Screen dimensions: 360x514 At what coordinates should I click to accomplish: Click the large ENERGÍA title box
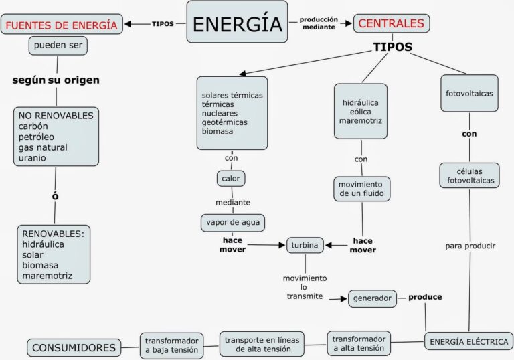click(x=237, y=23)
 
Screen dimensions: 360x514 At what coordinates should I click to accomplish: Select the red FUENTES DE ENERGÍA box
click(x=62, y=25)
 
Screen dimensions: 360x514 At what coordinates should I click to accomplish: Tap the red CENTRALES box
click(x=392, y=23)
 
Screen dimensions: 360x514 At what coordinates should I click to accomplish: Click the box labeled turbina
click(x=305, y=245)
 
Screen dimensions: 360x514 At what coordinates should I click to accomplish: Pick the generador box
click(x=373, y=298)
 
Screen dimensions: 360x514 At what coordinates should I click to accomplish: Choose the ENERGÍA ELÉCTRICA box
click(x=468, y=341)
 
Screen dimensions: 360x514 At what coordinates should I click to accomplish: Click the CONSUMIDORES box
click(x=74, y=347)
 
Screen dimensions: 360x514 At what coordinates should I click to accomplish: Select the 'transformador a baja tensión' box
click(x=171, y=344)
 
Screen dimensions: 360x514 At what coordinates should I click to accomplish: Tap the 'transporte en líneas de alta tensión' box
click(x=262, y=344)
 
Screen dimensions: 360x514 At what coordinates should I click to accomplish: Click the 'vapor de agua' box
click(x=234, y=222)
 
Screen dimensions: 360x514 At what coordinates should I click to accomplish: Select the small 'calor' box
click(x=231, y=178)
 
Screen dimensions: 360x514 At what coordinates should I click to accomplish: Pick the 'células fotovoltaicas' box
click(x=470, y=175)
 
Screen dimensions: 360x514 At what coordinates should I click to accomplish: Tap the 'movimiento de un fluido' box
click(x=361, y=189)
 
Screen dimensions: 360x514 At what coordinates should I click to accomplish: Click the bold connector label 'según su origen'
click(x=56, y=80)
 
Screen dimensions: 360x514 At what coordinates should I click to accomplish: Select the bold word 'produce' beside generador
click(x=425, y=296)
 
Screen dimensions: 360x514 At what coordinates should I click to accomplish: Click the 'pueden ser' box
click(x=59, y=46)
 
